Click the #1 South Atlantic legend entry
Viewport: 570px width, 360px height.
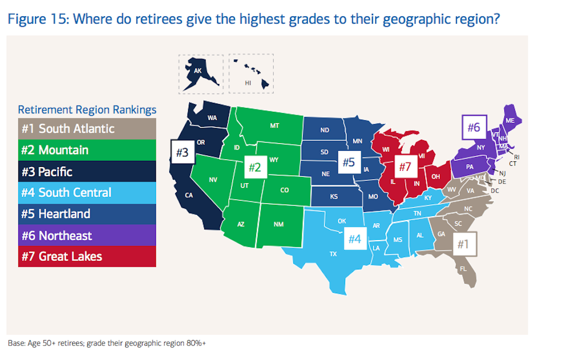click(x=87, y=129)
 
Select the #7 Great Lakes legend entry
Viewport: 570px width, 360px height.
click(x=87, y=257)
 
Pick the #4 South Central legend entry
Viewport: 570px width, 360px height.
click(x=87, y=193)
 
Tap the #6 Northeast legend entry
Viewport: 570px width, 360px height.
click(x=87, y=235)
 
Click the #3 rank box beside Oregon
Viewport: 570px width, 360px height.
click(x=183, y=152)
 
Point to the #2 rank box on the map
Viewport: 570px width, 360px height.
click(x=254, y=167)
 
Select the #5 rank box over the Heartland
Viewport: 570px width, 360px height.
click(x=348, y=162)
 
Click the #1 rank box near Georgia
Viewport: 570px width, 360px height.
click(x=462, y=243)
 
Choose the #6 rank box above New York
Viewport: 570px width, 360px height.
click(x=473, y=127)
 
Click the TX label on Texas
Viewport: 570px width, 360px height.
click(x=333, y=254)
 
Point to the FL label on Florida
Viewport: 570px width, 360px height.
click(x=463, y=269)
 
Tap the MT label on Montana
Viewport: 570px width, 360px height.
click(x=274, y=126)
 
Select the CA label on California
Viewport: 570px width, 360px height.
click(x=189, y=195)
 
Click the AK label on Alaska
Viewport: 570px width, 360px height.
click(x=198, y=71)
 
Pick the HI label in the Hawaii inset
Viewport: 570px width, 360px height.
click(x=248, y=83)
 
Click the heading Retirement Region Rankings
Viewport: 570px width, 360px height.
click(x=87, y=110)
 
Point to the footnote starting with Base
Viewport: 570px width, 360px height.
click(x=106, y=343)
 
